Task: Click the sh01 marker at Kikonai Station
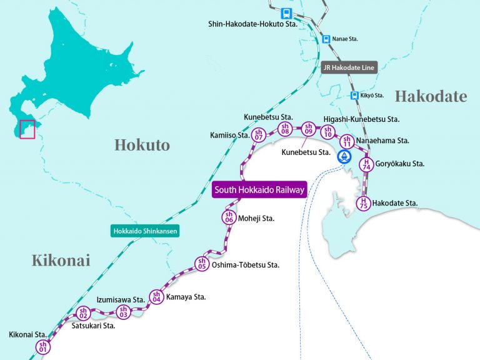click(x=43, y=347)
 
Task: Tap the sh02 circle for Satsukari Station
click(x=82, y=313)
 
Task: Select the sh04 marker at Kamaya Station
click(x=156, y=297)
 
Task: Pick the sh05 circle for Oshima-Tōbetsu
click(x=201, y=264)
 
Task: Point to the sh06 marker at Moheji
click(x=229, y=217)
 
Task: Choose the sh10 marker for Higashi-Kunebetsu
click(x=327, y=131)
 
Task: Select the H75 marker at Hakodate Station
click(x=362, y=202)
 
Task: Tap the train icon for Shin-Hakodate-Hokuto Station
click(x=286, y=13)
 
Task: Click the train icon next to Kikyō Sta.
click(x=353, y=96)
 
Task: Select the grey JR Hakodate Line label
click(x=349, y=67)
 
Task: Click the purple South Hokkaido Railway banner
click(x=259, y=190)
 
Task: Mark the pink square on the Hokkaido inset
click(x=27, y=129)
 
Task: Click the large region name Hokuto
click(x=142, y=145)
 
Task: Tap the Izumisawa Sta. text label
click(x=121, y=300)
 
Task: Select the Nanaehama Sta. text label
click(x=384, y=141)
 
